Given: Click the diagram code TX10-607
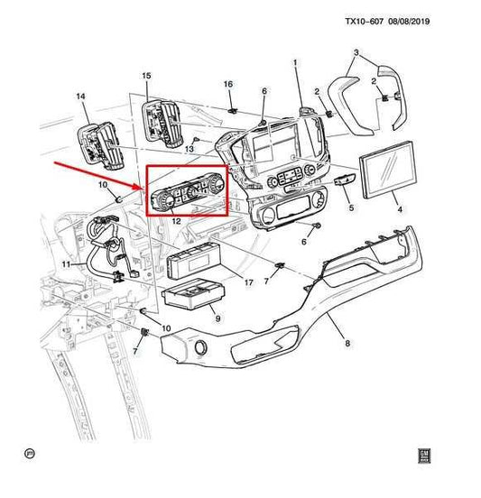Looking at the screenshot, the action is (365, 22).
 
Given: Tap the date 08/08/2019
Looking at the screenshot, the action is (409, 22).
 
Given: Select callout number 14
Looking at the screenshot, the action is (80, 96).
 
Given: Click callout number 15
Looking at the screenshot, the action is (146, 76).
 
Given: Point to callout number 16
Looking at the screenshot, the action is (228, 84).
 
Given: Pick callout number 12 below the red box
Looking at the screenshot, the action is (176, 221).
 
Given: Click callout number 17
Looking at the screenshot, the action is (249, 282).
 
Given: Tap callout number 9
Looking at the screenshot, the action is (218, 318).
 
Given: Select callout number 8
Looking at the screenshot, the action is (347, 343).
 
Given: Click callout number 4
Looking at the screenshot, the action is (400, 209).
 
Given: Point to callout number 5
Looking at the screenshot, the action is (351, 207).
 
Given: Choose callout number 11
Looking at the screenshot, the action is (66, 264).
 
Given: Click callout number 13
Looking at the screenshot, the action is (190, 149).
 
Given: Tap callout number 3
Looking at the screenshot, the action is (356, 52).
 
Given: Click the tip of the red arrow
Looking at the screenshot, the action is (142, 188).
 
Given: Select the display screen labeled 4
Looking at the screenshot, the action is (387, 170).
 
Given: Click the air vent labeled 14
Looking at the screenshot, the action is (99, 144).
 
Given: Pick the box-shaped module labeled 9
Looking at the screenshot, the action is (194, 293).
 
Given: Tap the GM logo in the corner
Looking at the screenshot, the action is (424, 456).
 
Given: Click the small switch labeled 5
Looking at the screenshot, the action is (345, 181).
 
